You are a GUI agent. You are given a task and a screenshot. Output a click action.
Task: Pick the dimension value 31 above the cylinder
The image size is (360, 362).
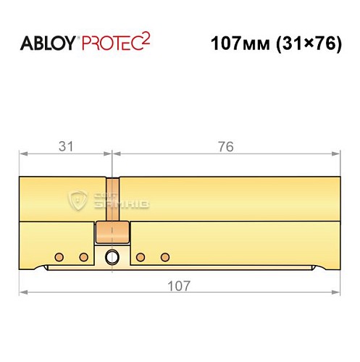66,147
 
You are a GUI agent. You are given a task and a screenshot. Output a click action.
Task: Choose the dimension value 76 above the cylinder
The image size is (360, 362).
225,147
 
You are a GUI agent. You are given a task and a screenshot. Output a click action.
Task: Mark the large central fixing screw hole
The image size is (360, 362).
112,256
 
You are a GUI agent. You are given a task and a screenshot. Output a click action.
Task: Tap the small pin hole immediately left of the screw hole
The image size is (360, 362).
83,256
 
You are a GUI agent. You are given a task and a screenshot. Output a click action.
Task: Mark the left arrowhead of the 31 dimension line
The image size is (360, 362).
23,154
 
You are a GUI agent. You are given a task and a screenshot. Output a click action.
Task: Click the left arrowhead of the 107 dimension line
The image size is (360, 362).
23,292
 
